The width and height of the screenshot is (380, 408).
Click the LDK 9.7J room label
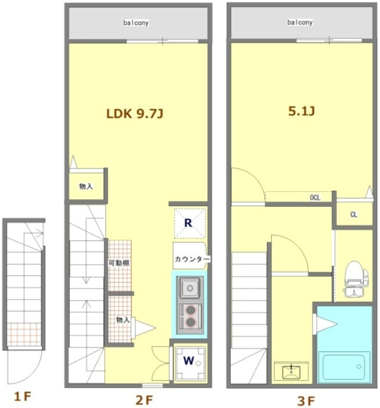(x=135, y=113)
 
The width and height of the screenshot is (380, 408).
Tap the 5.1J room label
(x=301, y=111)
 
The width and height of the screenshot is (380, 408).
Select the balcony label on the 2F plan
(x=136, y=23)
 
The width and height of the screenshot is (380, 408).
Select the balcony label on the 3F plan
(x=299, y=22)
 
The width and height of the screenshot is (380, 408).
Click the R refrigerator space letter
(x=188, y=223)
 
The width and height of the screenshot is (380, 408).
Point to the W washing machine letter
(x=189, y=360)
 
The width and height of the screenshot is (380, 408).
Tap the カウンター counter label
(x=192, y=259)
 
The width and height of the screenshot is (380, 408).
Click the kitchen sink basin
(x=190, y=288)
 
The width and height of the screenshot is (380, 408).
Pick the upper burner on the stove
(x=191, y=310)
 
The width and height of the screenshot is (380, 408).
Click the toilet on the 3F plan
(x=355, y=278)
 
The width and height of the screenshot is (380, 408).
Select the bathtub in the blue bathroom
(x=344, y=367)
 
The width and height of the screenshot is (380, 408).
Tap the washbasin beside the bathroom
(x=291, y=370)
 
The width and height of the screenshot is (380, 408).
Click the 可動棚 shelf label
(x=119, y=263)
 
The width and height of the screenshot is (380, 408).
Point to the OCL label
(x=315, y=198)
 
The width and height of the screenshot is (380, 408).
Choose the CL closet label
(x=354, y=214)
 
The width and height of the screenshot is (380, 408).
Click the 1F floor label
(x=23, y=397)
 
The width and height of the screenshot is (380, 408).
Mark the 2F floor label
(x=144, y=400)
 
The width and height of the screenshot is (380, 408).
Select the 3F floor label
(x=305, y=401)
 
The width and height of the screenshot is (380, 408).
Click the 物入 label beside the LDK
(x=86, y=186)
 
